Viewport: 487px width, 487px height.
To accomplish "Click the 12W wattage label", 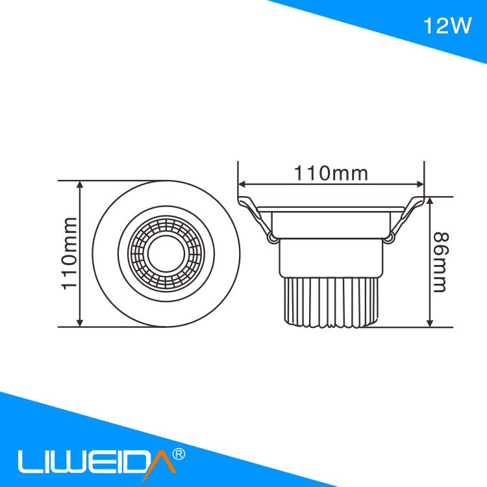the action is [x=447, y=25].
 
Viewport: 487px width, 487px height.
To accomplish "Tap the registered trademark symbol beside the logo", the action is [x=179, y=454].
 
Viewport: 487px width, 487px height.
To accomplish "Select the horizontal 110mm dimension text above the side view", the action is [x=331, y=173].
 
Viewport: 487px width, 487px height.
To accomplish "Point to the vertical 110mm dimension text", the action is [x=69, y=253].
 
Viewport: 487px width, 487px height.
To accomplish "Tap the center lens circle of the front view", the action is [x=166, y=253].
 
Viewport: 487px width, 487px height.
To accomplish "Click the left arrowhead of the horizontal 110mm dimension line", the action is [x=242, y=184].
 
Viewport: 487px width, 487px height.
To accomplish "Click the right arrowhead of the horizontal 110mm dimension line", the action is [x=420, y=184].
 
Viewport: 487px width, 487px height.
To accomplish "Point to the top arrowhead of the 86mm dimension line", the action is [x=430, y=201].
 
